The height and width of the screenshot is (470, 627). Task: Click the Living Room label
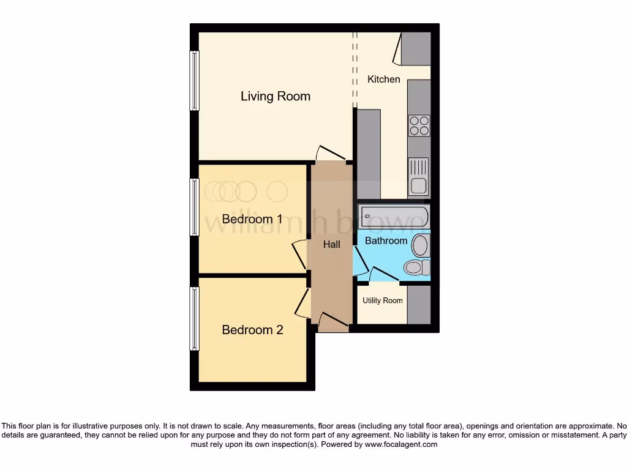[275, 96]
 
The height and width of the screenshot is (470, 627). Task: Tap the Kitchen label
[383, 79]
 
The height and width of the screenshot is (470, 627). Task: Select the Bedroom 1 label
[252, 219]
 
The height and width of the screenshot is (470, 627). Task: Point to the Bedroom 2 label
[252, 330]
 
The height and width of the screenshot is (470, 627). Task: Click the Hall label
[331, 244]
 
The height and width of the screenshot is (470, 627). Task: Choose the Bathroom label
[386, 241]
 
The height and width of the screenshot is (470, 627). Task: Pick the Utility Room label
[382, 300]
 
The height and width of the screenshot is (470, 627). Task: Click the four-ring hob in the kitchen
[419, 125]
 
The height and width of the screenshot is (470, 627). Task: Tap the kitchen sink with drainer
[419, 176]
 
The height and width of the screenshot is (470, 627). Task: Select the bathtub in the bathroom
[394, 217]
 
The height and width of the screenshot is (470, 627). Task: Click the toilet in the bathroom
[417, 267]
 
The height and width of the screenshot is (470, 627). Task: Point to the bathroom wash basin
[421, 245]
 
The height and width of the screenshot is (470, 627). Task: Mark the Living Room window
[194, 80]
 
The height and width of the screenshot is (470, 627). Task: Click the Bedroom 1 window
[194, 207]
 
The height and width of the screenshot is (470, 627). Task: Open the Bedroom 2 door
[301, 302]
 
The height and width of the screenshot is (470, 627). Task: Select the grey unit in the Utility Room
[419, 304]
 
